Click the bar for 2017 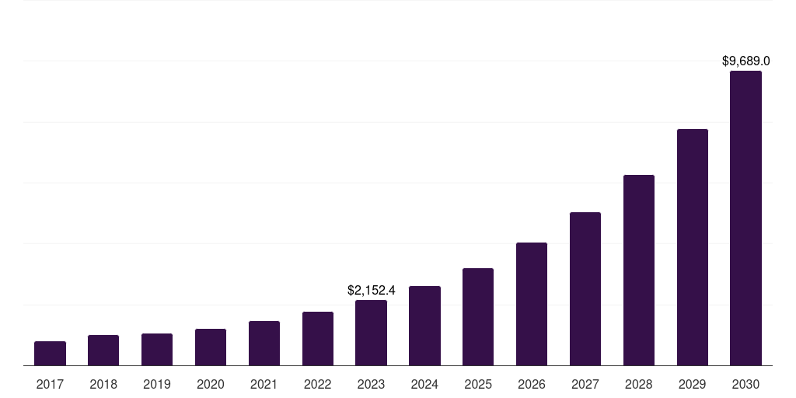(x=50, y=354)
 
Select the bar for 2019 (x=157, y=350)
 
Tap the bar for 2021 (x=264, y=344)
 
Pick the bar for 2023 (x=371, y=333)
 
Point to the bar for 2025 (x=478, y=317)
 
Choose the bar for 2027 (x=585, y=289)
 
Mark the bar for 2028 (x=639, y=271)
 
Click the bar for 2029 (x=693, y=247)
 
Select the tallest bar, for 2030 (x=745, y=218)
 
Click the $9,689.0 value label (x=745, y=61)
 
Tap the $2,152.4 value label (x=371, y=290)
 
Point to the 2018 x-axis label (x=103, y=384)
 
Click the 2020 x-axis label (x=211, y=384)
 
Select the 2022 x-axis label (x=318, y=384)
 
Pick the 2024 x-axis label (x=424, y=384)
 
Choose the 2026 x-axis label (x=532, y=384)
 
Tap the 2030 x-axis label (x=745, y=384)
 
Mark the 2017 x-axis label (x=50, y=384)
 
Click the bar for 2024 (x=424, y=326)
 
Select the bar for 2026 (x=532, y=304)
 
